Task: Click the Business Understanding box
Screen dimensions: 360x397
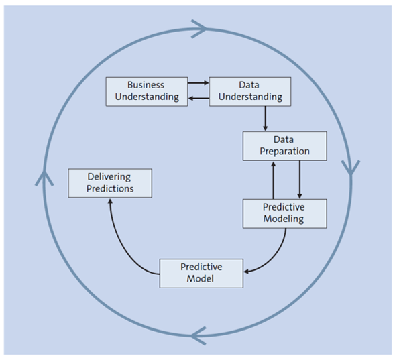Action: [x=146, y=91]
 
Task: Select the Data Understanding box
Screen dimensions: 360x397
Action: [x=249, y=91]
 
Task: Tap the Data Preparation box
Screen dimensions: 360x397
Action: [x=284, y=145]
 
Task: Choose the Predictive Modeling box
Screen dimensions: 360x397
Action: [x=284, y=213]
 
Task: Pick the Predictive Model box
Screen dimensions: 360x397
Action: [x=201, y=272]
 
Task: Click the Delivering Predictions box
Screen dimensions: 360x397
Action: [x=110, y=183]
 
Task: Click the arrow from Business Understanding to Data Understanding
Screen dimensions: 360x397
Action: [x=198, y=84]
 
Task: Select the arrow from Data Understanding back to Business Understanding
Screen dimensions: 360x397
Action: [x=198, y=99]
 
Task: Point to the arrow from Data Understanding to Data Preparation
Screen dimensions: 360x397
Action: [x=266, y=118]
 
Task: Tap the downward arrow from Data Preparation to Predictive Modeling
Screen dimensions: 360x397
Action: [x=299, y=179]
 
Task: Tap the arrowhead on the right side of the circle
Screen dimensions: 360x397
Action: [x=351, y=168]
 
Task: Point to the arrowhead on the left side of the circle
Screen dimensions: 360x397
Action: [x=44, y=177]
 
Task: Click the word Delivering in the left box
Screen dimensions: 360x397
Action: [x=109, y=177]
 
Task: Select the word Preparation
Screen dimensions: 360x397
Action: [x=284, y=152]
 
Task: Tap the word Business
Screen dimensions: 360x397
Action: [x=146, y=85]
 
